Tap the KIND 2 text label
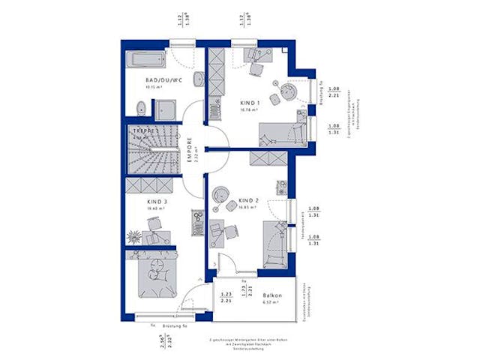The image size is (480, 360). (x=249, y=201)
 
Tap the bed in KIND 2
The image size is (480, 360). (x=274, y=243)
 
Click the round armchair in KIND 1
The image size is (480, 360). (x=286, y=94)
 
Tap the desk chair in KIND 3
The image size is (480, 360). (x=154, y=225)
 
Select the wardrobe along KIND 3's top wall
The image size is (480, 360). (x=151, y=186)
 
